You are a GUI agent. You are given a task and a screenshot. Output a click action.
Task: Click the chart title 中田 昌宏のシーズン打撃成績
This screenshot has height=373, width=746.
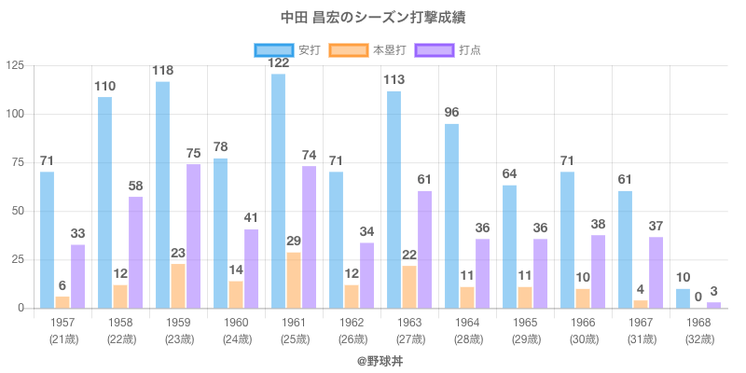point(372,18)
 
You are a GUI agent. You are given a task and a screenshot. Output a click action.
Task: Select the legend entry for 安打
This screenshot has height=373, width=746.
point(287,49)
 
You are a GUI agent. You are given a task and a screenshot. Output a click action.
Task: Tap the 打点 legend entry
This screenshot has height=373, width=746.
point(448,49)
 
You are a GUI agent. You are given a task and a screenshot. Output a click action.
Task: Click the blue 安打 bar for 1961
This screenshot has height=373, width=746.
point(278,191)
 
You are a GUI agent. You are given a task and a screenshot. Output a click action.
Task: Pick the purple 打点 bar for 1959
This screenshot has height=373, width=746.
point(193,236)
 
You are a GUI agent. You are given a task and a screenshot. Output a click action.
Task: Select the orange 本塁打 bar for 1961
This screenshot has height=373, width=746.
point(294,280)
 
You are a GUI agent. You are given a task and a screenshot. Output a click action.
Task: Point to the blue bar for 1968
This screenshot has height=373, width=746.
point(683,298)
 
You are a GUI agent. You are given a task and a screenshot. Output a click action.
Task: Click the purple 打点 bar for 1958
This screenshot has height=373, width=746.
point(135,252)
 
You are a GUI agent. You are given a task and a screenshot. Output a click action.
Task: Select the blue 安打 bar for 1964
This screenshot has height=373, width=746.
point(451,215)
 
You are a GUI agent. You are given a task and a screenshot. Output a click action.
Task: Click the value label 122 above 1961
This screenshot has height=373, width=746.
point(278,62)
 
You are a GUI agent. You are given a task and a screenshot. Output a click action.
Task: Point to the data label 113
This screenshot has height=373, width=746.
point(394,79)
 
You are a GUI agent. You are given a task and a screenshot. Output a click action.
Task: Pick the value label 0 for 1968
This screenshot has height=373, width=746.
point(698,297)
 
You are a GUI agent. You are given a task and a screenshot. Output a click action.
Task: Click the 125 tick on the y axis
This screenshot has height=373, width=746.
point(16,65)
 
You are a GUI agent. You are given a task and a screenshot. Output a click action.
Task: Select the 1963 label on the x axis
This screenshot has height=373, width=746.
point(409,323)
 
